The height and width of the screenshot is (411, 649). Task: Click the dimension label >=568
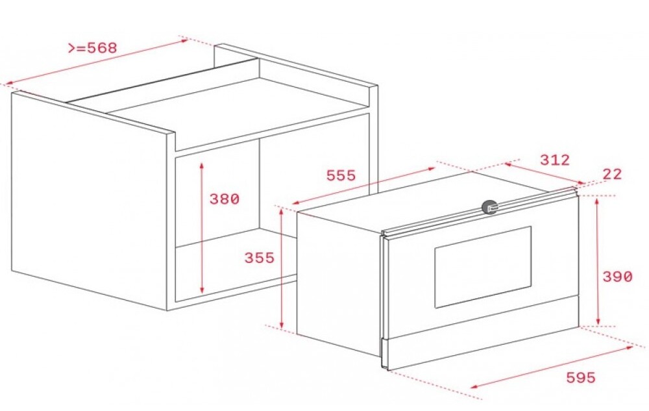(x=92, y=49)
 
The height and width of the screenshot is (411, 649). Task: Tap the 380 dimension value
(x=224, y=199)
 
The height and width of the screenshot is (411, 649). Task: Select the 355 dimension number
(x=259, y=258)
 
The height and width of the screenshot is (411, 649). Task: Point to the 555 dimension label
(x=341, y=176)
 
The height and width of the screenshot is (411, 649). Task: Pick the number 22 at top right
(x=611, y=174)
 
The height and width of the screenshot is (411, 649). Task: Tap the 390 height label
(x=617, y=277)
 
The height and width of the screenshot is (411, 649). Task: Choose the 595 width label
(x=580, y=377)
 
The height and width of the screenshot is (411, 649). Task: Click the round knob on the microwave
(x=489, y=207)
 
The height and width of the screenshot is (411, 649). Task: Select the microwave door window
(x=482, y=267)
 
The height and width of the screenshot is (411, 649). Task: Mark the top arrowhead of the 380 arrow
(x=202, y=164)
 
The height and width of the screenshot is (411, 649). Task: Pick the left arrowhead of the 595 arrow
(x=472, y=388)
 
